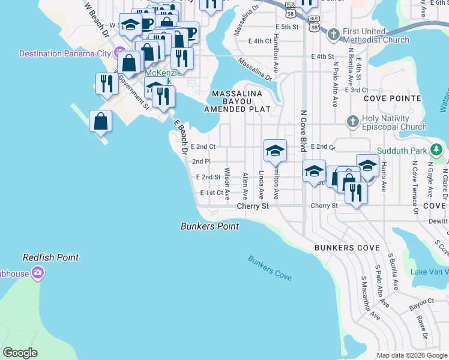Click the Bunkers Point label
(x=209, y=226)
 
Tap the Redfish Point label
(x=50, y=257)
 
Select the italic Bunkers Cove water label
(x=270, y=268)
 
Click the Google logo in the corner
(x=20, y=353)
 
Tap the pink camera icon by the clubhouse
(x=38, y=274)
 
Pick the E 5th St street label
(x=287, y=27)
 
